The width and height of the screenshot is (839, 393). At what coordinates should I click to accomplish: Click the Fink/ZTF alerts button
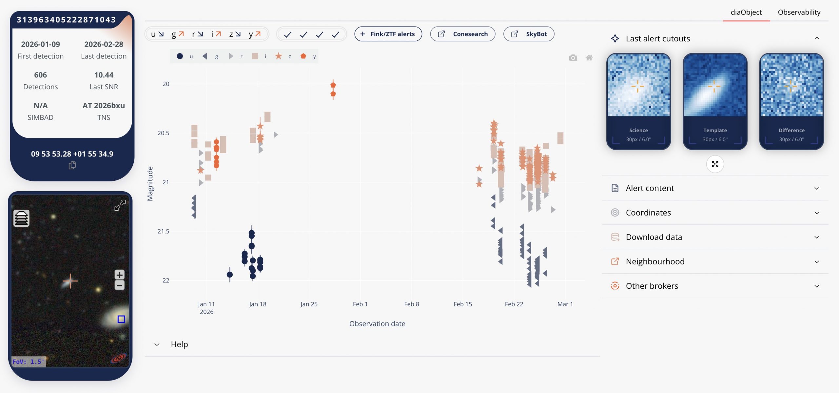point(388,34)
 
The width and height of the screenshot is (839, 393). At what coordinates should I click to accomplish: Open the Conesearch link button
point(462,34)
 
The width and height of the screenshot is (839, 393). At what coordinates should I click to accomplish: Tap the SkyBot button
point(529,34)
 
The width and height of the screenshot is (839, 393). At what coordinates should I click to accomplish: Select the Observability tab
point(799,12)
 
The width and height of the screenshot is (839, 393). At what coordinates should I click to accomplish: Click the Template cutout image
point(715,85)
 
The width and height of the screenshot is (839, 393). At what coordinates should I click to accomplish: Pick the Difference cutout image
point(791,85)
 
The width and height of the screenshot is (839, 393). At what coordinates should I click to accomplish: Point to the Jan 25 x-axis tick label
point(309,304)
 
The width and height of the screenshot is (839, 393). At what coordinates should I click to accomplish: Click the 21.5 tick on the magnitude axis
point(163,232)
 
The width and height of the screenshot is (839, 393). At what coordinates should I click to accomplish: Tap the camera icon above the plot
point(573,58)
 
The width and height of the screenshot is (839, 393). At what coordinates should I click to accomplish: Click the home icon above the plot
point(589,58)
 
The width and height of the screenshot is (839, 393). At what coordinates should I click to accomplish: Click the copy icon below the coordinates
point(72,165)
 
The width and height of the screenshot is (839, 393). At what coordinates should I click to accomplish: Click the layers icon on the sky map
point(21,218)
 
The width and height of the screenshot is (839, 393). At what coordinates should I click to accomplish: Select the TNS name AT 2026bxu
point(104,106)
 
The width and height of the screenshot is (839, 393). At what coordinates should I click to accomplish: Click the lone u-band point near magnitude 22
point(230,275)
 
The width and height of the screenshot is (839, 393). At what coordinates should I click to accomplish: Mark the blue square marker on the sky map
point(121,319)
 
